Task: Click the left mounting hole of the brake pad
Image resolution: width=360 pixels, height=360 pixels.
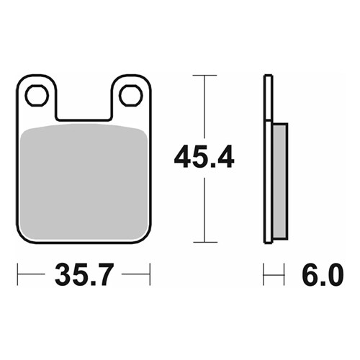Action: click(x=36, y=95)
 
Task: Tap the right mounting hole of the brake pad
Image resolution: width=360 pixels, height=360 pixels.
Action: click(x=130, y=95)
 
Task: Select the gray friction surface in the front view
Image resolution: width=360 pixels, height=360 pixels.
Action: click(x=84, y=180)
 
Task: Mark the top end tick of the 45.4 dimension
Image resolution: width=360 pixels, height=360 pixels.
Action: click(x=205, y=75)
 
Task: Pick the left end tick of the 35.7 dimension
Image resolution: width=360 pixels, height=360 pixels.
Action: click(x=18, y=274)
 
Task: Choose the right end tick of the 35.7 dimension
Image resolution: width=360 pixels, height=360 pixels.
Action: click(x=149, y=274)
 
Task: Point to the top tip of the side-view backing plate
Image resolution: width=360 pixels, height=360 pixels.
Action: click(x=268, y=76)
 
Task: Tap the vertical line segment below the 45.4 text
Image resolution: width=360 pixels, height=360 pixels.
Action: click(x=205, y=209)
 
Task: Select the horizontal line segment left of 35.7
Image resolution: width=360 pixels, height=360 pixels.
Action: click(x=32, y=274)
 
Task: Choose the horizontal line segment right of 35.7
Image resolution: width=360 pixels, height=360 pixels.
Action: click(x=135, y=274)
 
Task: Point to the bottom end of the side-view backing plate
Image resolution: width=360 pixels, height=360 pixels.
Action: click(x=268, y=240)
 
